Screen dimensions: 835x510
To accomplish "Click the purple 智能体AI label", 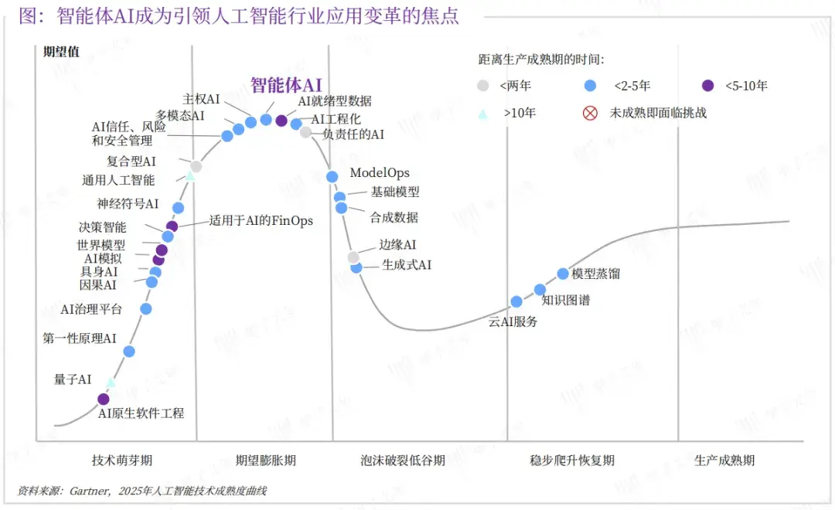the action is (x=286, y=85).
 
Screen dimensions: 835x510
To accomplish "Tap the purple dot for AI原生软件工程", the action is (x=104, y=399).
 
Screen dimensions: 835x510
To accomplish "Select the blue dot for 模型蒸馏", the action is (x=563, y=274).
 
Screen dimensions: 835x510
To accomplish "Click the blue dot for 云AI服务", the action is (x=516, y=301).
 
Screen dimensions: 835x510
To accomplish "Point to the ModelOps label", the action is (x=380, y=172).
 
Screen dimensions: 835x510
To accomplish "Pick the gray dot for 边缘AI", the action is (x=353, y=257).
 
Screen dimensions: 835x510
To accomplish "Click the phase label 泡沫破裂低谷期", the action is (x=403, y=460).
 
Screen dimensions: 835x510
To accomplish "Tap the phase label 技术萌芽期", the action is (x=122, y=460).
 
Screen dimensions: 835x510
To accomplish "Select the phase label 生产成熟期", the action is (x=724, y=460).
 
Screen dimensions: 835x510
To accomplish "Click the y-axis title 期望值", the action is (x=61, y=52).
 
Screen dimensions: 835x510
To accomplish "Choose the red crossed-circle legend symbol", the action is (x=590, y=113).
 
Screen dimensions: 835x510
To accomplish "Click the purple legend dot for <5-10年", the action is (x=707, y=85).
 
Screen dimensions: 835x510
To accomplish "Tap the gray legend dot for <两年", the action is (x=482, y=85).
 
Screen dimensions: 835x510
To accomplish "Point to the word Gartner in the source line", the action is (x=90, y=491).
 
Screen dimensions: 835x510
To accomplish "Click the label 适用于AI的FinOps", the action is (x=261, y=220).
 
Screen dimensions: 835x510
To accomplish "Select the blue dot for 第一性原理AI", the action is (x=129, y=351).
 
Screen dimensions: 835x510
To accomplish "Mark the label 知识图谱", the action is (x=565, y=301).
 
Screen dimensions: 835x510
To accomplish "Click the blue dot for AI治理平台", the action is (x=146, y=308).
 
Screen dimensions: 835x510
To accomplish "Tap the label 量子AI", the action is (x=73, y=379).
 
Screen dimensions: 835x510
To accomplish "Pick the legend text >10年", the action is (x=520, y=113).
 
